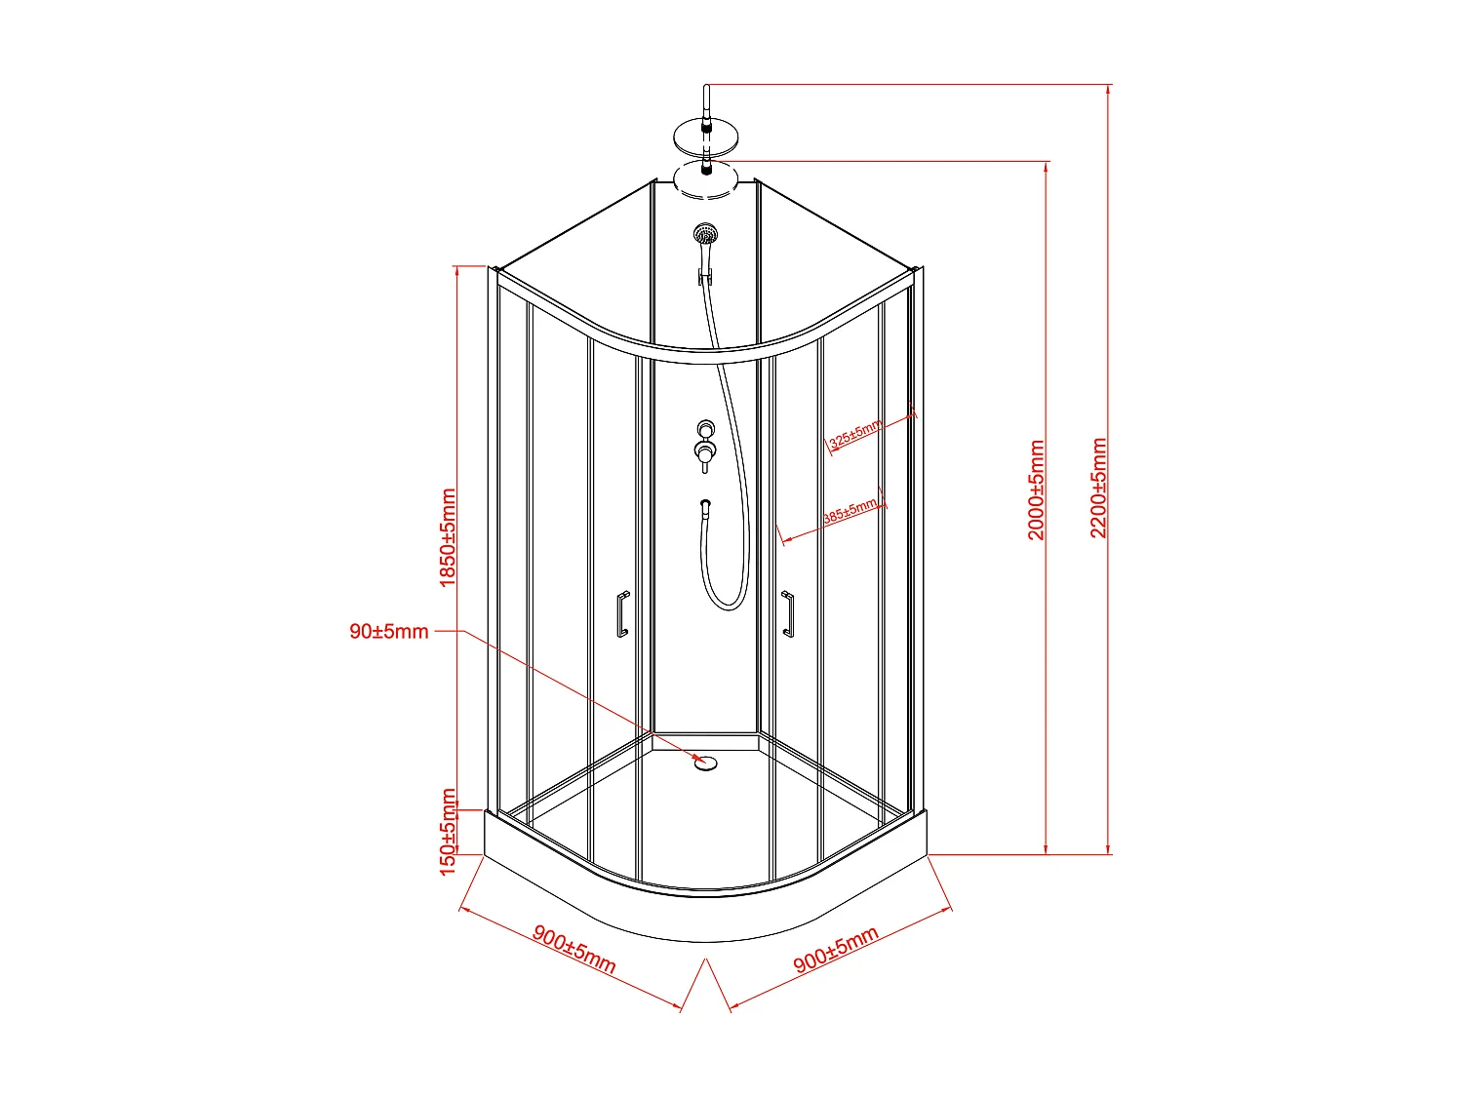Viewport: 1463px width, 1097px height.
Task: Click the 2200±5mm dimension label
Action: point(1099,488)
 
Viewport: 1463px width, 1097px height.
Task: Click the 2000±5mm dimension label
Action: point(1037,490)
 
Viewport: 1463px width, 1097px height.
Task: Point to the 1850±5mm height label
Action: point(448,537)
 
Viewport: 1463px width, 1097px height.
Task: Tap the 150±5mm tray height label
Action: point(448,832)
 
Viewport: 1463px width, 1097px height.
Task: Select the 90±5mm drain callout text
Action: point(389,632)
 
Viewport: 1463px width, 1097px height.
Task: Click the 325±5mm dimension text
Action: point(855,434)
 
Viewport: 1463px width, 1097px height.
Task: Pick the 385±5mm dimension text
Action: point(850,512)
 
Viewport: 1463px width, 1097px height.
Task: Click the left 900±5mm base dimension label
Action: point(574,949)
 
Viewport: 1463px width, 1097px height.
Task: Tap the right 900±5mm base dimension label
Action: point(836,950)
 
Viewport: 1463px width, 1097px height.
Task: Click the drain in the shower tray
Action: point(705,762)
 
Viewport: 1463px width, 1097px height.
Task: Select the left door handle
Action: point(621,614)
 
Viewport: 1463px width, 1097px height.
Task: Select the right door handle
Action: point(787,613)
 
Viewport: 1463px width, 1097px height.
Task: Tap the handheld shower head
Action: point(705,234)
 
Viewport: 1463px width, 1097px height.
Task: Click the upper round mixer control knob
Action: point(705,428)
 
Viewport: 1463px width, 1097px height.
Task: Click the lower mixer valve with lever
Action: point(704,451)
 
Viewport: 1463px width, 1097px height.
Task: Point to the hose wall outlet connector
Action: point(705,505)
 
